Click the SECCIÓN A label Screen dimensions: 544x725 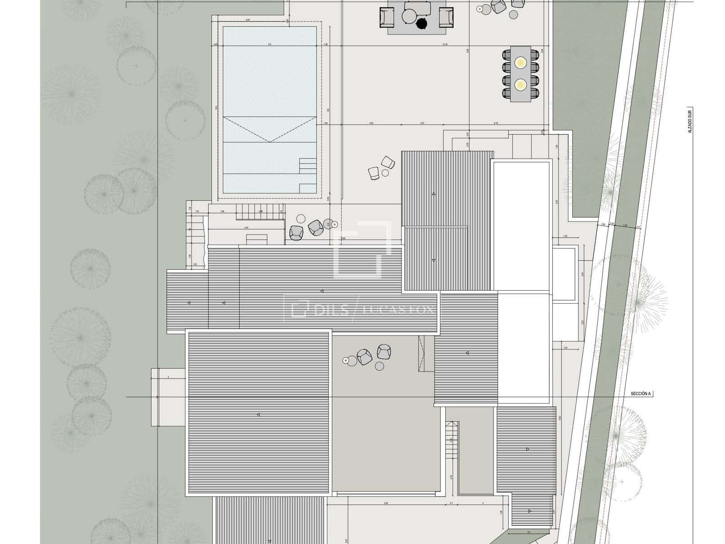[x=640, y=394]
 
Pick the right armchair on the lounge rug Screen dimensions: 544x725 [x=446, y=17]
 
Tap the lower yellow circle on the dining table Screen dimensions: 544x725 [x=520, y=84]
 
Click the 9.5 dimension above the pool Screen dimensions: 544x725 [x=269, y=44]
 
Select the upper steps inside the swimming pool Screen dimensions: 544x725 [x=307, y=165]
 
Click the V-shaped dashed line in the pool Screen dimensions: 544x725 [x=270, y=129]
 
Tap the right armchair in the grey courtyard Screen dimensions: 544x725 [x=384, y=351]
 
